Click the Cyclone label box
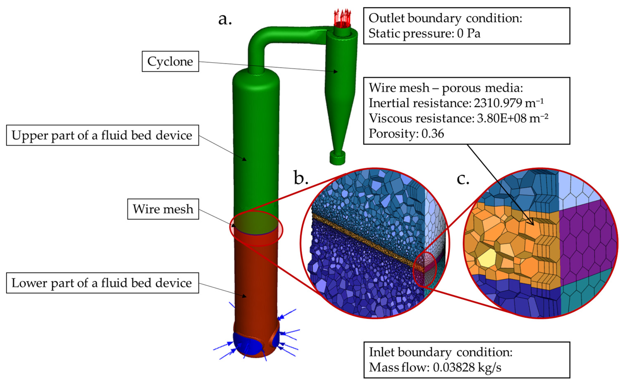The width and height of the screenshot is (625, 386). (x=170, y=61)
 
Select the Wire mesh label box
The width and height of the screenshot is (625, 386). (x=163, y=209)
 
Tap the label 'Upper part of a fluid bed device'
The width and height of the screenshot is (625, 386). (x=102, y=135)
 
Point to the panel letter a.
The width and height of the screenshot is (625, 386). (x=225, y=19)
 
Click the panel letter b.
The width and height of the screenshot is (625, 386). (x=301, y=178)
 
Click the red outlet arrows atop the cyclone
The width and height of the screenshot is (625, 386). (x=342, y=17)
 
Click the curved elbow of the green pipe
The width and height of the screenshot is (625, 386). (x=258, y=38)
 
